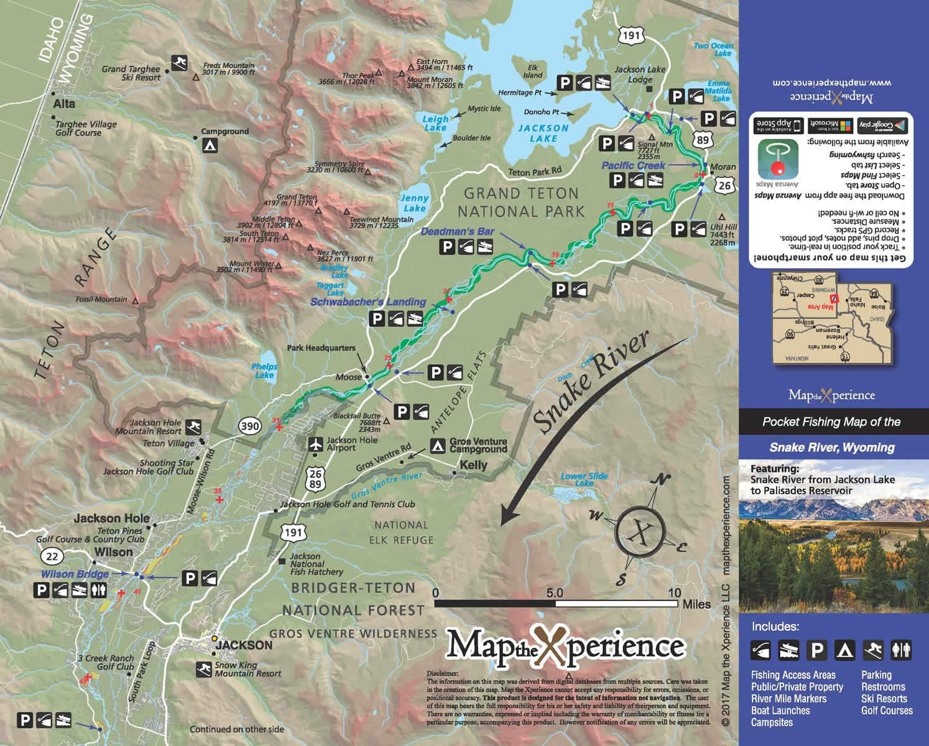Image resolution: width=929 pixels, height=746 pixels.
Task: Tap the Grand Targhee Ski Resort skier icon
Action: click(180, 63)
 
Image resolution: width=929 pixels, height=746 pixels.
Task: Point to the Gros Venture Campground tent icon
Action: click(438, 444)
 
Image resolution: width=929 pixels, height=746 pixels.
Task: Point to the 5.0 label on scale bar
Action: click(555, 592)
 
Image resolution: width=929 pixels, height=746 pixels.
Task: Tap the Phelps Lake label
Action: click(264, 371)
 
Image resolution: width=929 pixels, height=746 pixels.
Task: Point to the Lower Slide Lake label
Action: click(584, 479)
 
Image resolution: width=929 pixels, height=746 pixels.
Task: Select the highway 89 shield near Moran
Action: click(702, 140)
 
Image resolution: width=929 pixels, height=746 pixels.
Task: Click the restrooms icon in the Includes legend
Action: click(901, 650)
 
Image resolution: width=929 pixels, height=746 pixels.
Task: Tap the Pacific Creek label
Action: click(633, 165)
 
